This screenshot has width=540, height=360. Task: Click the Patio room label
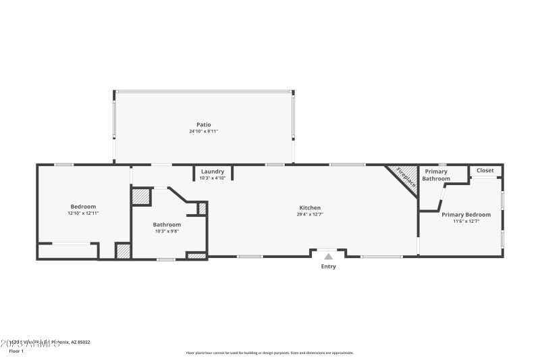[203, 124]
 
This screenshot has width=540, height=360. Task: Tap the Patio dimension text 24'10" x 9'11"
[203, 131]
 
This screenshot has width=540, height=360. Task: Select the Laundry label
[213, 172]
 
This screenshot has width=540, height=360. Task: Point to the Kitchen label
[310, 207]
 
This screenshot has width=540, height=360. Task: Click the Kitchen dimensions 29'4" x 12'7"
[310, 215]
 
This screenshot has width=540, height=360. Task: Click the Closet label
[485, 170]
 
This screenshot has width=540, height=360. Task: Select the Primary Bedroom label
[466, 214]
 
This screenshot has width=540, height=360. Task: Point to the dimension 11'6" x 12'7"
[466, 222]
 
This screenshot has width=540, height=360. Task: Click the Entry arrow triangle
[328, 256]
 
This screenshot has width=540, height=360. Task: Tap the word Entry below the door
[328, 266]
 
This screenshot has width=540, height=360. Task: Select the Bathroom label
[167, 224]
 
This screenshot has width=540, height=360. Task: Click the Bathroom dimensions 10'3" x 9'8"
[167, 231]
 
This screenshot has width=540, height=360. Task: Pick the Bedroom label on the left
[83, 206]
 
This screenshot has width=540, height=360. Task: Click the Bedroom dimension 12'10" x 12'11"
[83, 213]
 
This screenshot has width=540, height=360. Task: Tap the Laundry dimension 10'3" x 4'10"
[213, 178]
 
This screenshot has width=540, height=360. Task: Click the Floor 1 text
[16, 351]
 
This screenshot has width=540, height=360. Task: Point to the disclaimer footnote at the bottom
[269, 353]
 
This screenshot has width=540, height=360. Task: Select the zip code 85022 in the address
[84, 342]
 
